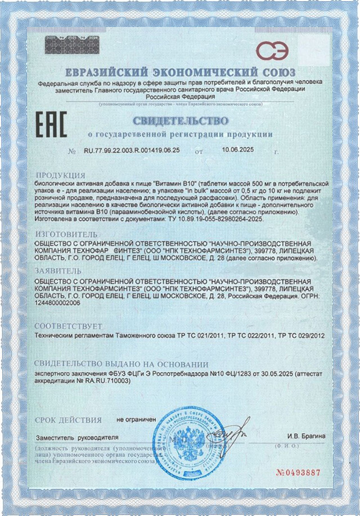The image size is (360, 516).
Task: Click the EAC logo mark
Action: tap(51, 124)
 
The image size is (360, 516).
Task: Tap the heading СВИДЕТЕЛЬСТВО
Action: tap(181, 121)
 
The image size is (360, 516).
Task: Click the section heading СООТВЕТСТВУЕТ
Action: tap(69, 326)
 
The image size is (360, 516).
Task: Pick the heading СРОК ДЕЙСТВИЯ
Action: tap(68, 420)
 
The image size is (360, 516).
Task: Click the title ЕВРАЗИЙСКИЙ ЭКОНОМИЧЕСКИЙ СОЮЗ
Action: tap(180, 73)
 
